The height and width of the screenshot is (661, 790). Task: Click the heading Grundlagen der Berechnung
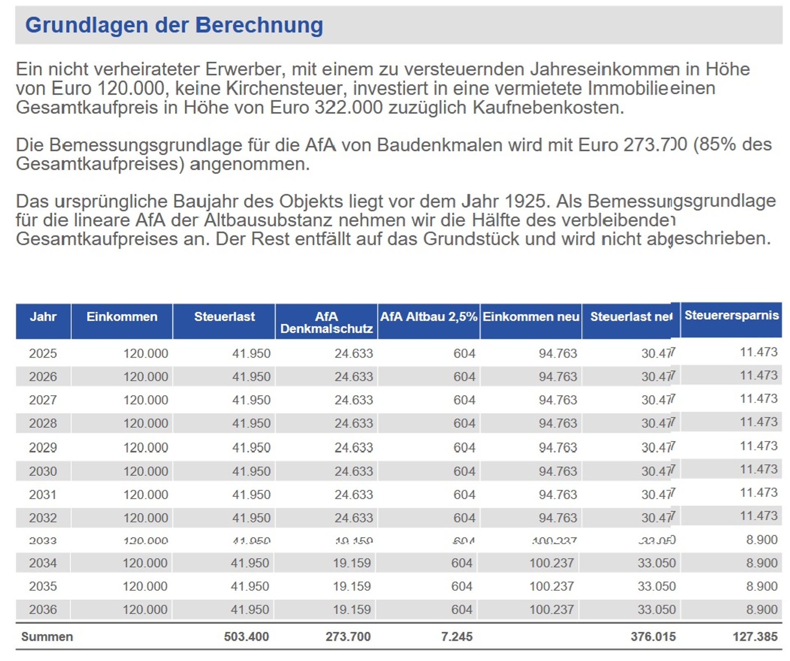point(174,25)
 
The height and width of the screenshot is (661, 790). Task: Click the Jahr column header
point(43,317)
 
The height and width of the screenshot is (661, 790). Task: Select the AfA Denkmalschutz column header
point(326,322)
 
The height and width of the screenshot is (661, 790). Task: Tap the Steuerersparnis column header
point(731,315)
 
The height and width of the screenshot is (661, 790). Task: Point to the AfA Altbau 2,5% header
point(428,317)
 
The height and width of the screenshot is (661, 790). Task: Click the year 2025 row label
point(43,353)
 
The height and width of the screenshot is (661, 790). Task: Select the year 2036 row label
point(43,609)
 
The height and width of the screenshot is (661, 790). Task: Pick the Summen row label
point(47,636)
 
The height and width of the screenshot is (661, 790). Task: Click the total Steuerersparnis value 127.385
point(755,636)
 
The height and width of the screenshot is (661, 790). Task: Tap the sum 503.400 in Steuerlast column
point(246,636)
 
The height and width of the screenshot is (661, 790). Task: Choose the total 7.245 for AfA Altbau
point(457,636)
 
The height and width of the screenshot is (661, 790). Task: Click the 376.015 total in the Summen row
point(653,636)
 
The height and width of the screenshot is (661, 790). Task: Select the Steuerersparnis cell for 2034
point(762,563)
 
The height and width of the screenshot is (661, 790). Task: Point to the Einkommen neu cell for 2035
point(551,586)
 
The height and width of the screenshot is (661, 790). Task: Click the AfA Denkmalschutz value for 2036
point(352,609)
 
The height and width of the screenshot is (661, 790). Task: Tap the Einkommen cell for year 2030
point(146,471)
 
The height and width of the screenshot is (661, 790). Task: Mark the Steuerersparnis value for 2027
point(758,398)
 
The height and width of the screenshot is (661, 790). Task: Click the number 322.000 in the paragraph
point(349,107)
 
